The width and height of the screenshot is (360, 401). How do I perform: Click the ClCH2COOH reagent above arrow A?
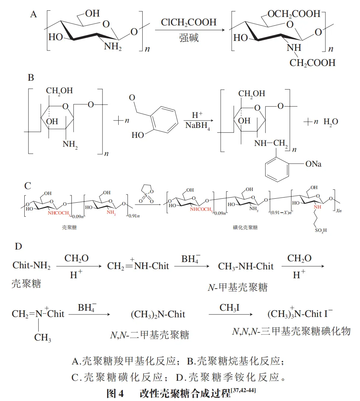click(188, 22)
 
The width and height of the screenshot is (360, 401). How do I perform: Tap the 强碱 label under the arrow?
click(189, 38)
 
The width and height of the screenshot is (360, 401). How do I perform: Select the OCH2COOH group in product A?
click(294, 14)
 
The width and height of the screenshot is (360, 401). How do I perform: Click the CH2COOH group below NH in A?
click(312, 63)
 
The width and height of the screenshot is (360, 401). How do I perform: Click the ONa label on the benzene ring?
click(313, 164)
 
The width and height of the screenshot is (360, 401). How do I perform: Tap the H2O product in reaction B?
click(331, 122)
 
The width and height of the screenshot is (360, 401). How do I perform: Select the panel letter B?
click(31, 77)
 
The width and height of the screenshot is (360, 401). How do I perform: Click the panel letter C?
click(28, 186)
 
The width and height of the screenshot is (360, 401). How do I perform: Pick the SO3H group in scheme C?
click(321, 230)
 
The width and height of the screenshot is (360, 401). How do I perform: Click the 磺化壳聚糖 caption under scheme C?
click(245, 227)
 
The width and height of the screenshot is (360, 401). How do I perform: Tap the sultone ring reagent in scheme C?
click(146, 194)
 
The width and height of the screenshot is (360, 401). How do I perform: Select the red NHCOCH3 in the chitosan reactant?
click(59, 213)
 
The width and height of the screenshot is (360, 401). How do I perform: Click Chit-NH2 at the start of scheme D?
click(31, 265)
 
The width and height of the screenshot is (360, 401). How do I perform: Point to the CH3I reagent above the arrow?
click(229, 308)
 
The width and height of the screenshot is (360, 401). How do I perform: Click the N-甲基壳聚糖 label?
click(238, 287)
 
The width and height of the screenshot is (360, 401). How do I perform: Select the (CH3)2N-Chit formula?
click(158, 314)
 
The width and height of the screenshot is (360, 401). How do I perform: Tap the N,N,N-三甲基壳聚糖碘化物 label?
click(291, 331)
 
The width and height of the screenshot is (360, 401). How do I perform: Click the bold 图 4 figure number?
click(115, 393)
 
